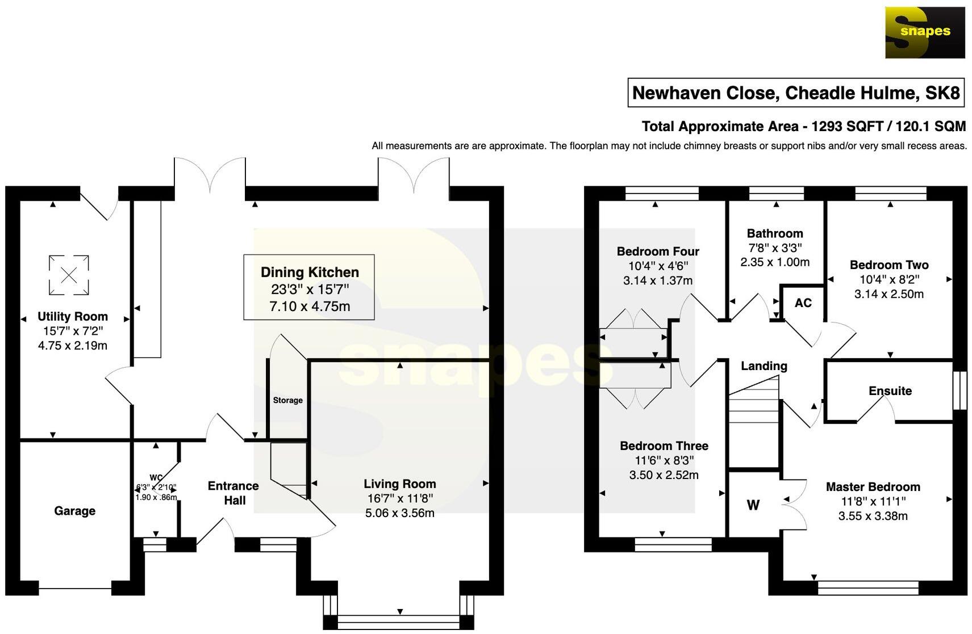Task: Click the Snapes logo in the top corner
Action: [x=924, y=32]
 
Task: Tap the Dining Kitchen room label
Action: [x=310, y=272]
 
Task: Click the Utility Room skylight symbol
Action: [x=68, y=275]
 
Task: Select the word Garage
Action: [x=74, y=511]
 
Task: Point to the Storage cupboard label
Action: [x=287, y=400]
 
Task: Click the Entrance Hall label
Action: [x=233, y=493]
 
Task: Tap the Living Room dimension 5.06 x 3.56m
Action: [x=399, y=513]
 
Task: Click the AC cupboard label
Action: [x=803, y=303]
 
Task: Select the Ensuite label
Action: [x=890, y=391]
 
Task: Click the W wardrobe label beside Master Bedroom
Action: [x=753, y=505]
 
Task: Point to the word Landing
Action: [x=764, y=366]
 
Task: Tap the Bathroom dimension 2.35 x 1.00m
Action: [x=774, y=262]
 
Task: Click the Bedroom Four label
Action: [x=658, y=251]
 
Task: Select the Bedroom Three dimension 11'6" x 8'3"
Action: [x=664, y=460]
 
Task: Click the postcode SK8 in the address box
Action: [x=942, y=93]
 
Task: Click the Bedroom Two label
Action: [x=888, y=265]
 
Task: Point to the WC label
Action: [x=156, y=477]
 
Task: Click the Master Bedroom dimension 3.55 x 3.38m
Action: [x=873, y=516]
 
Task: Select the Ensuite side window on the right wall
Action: [x=960, y=391]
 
